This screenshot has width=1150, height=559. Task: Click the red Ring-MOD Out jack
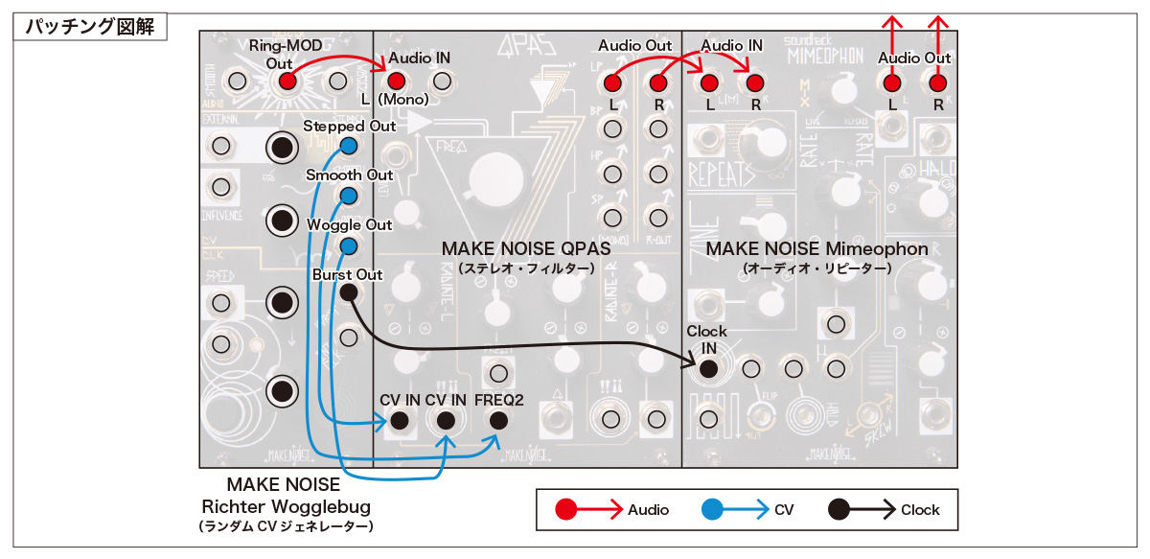pos(286,82)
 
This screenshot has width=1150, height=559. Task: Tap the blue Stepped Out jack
pos(349,147)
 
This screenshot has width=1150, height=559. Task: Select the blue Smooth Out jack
pos(349,196)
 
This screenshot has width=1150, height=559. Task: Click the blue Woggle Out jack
pos(349,246)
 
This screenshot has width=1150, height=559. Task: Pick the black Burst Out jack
pos(349,293)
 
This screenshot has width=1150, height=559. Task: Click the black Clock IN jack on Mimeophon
pos(708,367)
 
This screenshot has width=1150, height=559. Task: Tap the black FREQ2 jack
pos(497,420)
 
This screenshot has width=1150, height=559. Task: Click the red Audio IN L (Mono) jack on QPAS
pos(397,82)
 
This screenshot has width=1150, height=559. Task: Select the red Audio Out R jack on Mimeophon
pos(937,83)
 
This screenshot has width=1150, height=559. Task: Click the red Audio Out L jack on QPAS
pos(613,83)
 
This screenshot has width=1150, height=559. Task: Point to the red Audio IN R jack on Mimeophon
pos(754,83)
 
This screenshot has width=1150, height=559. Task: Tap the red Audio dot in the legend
pos(565,509)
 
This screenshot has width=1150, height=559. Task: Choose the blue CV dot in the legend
pos(711,509)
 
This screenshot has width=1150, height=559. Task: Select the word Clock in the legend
pos(920,510)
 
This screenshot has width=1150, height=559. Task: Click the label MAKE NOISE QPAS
pos(526,249)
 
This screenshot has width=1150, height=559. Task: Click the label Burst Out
pos(347,274)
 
